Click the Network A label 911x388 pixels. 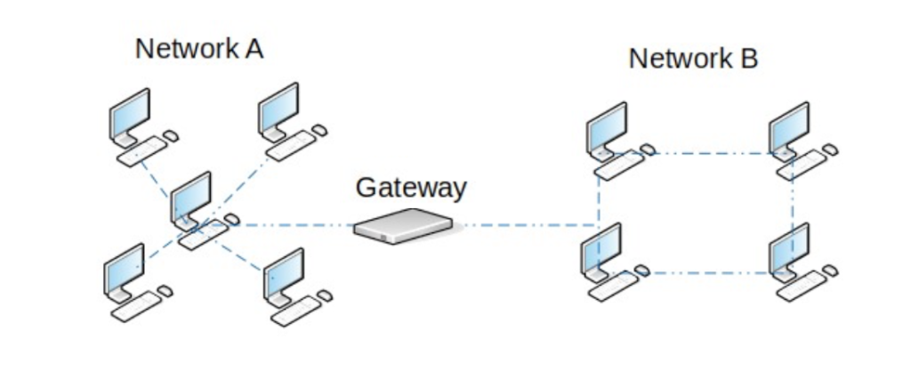(x=198, y=49)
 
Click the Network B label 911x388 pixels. (x=693, y=59)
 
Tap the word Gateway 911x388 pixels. (x=410, y=188)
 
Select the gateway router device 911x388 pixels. (x=403, y=227)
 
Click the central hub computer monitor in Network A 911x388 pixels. (x=191, y=198)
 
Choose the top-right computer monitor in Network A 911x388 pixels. (x=278, y=109)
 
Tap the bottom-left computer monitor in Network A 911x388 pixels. (x=125, y=269)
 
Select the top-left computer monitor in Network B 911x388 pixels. (x=608, y=128)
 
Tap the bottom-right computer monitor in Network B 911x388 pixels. (x=789, y=248)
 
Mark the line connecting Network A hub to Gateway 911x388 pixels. (x=294, y=225)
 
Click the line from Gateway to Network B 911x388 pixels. (x=525, y=225)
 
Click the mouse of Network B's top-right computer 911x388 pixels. (x=830, y=150)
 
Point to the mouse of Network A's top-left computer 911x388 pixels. (x=171, y=135)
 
